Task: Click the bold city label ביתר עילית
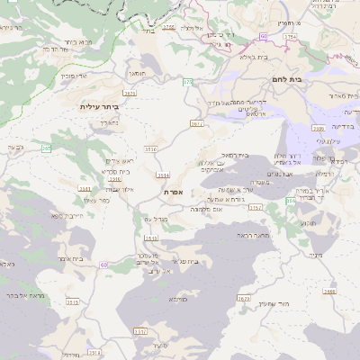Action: pyautogui.click(x=99, y=107)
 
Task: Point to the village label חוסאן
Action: pyautogui.click(x=138, y=73)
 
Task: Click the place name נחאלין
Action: pyautogui.click(x=107, y=121)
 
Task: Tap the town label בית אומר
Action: pyautogui.click(x=71, y=258)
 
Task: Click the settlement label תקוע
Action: pyautogui.click(x=307, y=222)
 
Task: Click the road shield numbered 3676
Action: pyautogui.click(x=130, y=92)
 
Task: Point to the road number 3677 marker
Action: pyautogui.click(x=196, y=123)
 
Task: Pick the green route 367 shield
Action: pyautogui.click(x=46, y=148)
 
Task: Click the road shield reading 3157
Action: pyautogui.click(x=256, y=207)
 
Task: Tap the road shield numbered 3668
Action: pyautogui.click(x=330, y=291)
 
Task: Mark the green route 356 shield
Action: pyautogui.click(x=291, y=201)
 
